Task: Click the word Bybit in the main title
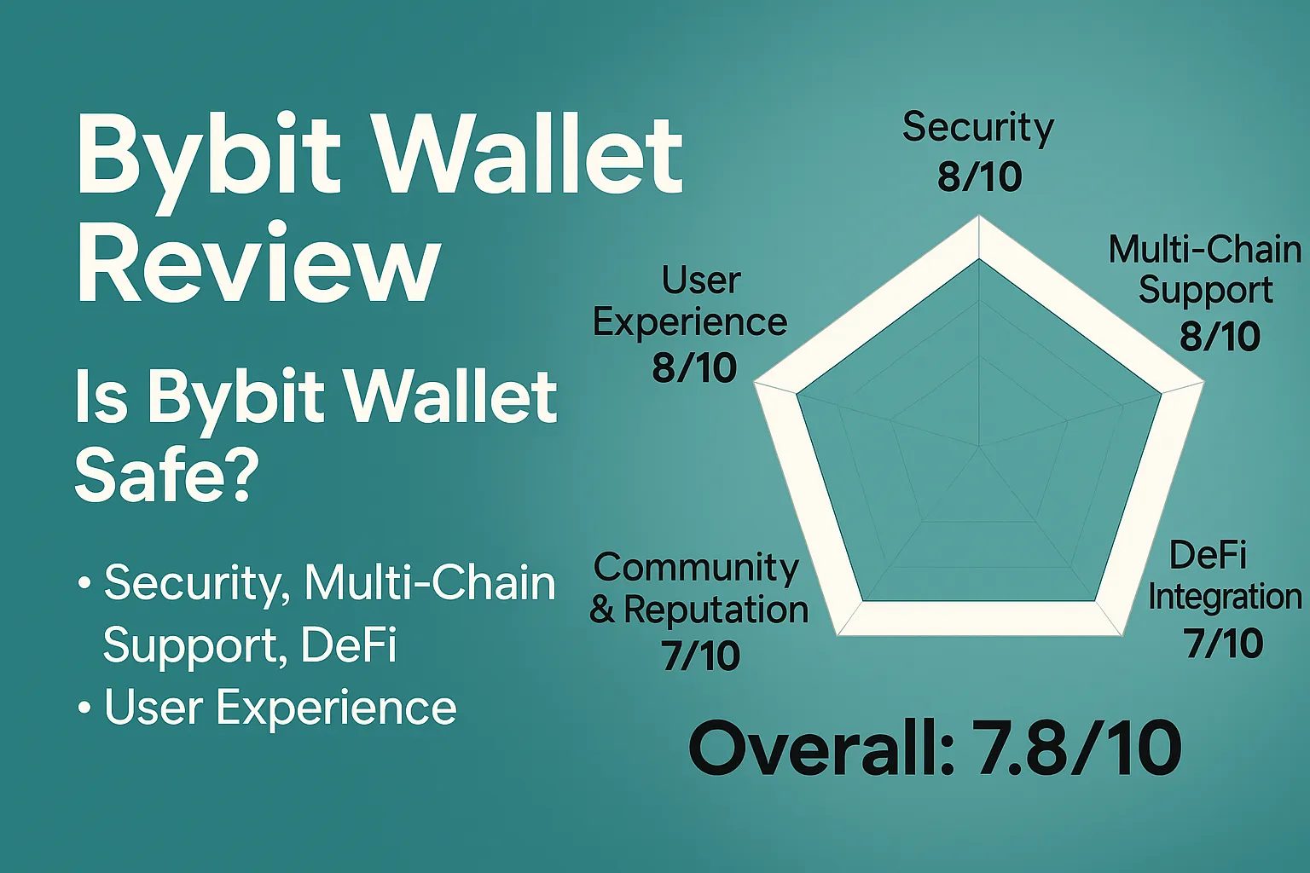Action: tap(210, 157)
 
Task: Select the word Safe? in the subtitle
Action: tap(167, 474)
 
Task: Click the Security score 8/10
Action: tap(979, 177)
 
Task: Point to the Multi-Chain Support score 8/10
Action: tap(1220, 337)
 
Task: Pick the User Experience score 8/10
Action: tap(694, 368)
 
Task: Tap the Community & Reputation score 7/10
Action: tap(700, 656)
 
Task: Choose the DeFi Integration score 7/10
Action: tap(1224, 644)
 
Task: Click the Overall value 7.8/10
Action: tap(1076, 749)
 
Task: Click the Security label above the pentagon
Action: tap(978, 128)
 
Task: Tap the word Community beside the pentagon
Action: tap(696, 568)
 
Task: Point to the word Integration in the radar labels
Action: tap(1225, 597)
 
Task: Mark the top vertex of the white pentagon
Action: tap(979, 219)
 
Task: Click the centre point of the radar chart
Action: tap(979, 445)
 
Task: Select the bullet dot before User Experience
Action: tap(84, 708)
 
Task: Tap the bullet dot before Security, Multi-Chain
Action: tap(84, 584)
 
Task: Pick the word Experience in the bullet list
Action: tap(336, 708)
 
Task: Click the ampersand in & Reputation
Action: tap(602, 610)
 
